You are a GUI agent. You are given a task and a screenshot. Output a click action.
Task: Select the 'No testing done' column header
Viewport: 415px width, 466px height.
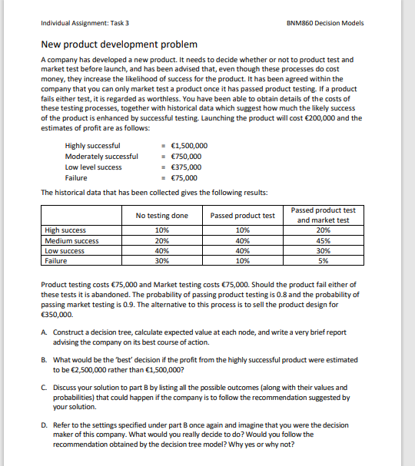tap(161, 216)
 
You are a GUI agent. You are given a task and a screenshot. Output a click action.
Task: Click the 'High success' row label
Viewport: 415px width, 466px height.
tap(66, 230)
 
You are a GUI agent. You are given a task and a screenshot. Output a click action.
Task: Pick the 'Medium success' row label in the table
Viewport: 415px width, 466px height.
tap(71, 240)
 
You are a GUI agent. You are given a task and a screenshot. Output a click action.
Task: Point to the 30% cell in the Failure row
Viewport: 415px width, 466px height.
tap(161, 260)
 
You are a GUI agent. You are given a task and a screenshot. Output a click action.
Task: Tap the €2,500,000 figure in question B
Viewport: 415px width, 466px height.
tap(83, 369)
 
